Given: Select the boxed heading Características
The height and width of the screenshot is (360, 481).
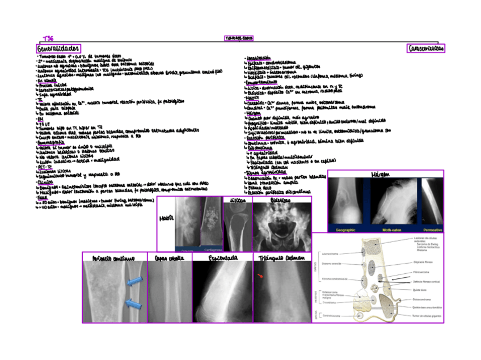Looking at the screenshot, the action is (425, 49).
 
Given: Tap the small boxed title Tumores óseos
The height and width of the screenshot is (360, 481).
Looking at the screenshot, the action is (239, 39).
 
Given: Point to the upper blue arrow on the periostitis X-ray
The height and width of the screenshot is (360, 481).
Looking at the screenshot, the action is (135, 282).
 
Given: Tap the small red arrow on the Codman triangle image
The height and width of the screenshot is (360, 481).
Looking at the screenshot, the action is (261, 276).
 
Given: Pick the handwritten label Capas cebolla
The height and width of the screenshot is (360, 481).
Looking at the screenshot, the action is (168, 258).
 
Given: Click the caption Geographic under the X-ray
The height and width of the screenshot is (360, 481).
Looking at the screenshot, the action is (345, 230).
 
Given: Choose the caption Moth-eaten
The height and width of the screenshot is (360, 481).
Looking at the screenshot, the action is (392, 230).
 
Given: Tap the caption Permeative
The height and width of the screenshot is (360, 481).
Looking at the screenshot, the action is (433, 230).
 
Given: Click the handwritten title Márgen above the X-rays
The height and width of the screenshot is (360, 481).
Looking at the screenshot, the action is (385, 174).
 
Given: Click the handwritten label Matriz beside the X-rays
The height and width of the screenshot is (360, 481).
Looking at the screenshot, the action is (166, 218).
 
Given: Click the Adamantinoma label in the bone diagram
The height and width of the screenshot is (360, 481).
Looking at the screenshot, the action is (330, 254).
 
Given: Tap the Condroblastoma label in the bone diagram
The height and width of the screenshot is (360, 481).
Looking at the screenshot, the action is (331, 316).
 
